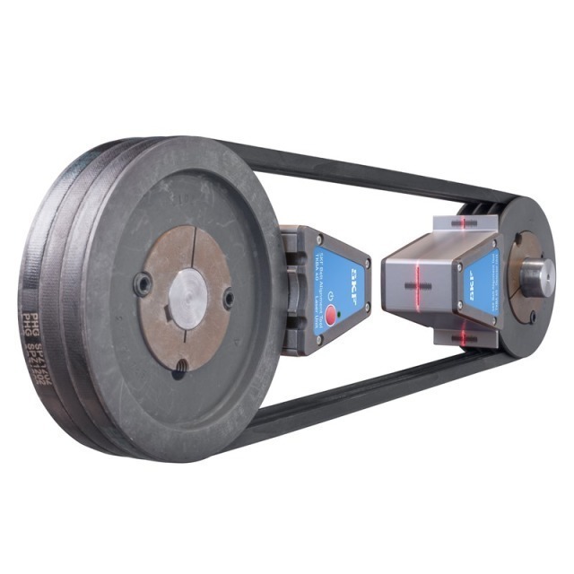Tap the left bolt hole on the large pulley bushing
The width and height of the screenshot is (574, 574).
143,285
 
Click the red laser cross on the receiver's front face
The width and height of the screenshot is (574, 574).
415,288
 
